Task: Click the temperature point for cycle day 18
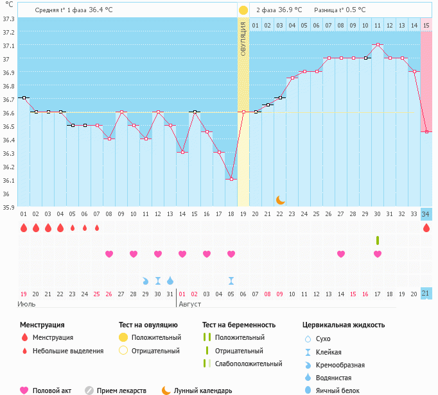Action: click(x=231, y=179)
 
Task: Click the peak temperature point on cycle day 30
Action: click(x=378, y=45)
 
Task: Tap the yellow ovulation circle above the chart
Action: click(x=243, y=10)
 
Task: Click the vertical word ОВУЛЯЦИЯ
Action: click(x=243, y=38)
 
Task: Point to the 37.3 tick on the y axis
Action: click(x=8, y=19)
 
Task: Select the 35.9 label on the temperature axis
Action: click(x=8, y=207)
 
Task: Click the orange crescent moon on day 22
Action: click(x=280, y=200)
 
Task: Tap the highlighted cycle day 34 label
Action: click(x=426, y=214)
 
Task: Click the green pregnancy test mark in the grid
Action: click(x=378, y=240)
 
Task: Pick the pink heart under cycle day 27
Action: click(x=341, y=254)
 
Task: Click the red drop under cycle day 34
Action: click(x=426, y=228)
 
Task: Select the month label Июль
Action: click(x=26, y=303)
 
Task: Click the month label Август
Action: click(x=191, y=303)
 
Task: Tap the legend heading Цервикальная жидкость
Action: click(x=344, y=325)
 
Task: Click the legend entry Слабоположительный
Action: click(x=249, y=364)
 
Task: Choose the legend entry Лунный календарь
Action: click(x=202, y=391)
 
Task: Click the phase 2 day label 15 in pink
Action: click(x=426, y=25)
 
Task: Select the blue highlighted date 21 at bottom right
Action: click(x=426, y=293)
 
